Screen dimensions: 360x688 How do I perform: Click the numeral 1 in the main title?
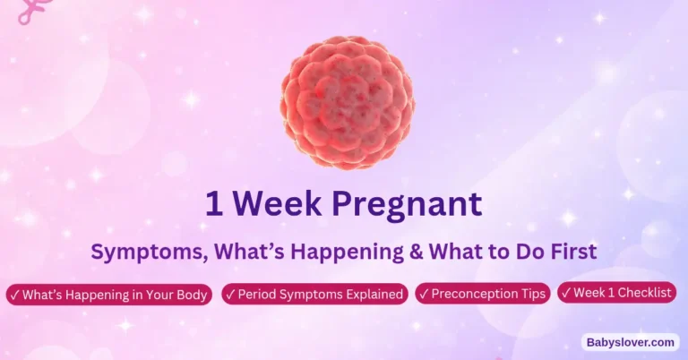coord(214,203)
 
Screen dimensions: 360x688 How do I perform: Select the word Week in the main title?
coord(281,203)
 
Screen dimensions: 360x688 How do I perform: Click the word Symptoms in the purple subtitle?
coord(138,253)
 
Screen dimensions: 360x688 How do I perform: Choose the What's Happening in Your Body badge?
coord(109,295)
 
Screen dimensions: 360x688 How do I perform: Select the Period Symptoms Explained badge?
coord(314,295)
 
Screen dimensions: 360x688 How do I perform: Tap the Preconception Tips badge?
coord(483,295)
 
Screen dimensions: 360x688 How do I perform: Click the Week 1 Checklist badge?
coord(617,293)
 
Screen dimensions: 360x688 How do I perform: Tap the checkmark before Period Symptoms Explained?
coord(230,295)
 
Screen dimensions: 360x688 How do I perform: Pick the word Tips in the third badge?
coord(530,295)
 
